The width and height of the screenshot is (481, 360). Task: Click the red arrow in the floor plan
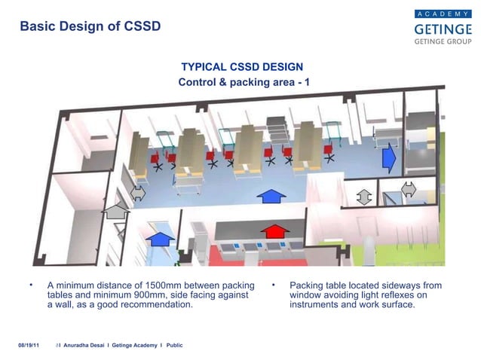click(x=276, y=230)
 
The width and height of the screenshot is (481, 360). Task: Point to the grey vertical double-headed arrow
click(x=364, y=196)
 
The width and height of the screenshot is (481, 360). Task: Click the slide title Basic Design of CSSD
click(x=90, y=26)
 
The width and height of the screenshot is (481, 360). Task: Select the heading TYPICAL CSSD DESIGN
click(x=242, y=67)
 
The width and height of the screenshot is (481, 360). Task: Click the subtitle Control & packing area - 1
click(x=244, y=81)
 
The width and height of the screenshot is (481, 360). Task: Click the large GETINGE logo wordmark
click(x=443, y=29)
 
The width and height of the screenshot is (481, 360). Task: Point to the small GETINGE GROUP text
click(x=443, y=42)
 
